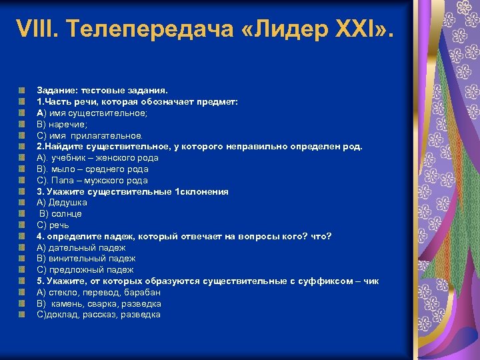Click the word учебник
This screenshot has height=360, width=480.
coord(71,158)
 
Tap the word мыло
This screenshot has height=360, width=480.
coord(65,169)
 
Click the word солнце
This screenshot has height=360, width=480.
coord(67,214)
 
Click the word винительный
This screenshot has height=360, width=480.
coord(76,259)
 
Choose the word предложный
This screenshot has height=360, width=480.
coord(74,270)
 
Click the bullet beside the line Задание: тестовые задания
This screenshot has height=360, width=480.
coord(23,91)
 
